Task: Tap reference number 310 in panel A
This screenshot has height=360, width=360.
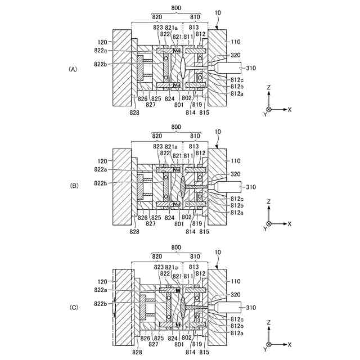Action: pos(251,69)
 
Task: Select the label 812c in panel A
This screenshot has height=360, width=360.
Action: pos(237,80)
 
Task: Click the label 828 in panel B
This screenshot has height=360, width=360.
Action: pos(134,231)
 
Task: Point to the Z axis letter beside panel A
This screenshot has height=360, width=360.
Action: pos(269,88)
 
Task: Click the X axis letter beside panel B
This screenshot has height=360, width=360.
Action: pos(289,224)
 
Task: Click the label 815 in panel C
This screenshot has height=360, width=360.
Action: pos(204,352)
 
